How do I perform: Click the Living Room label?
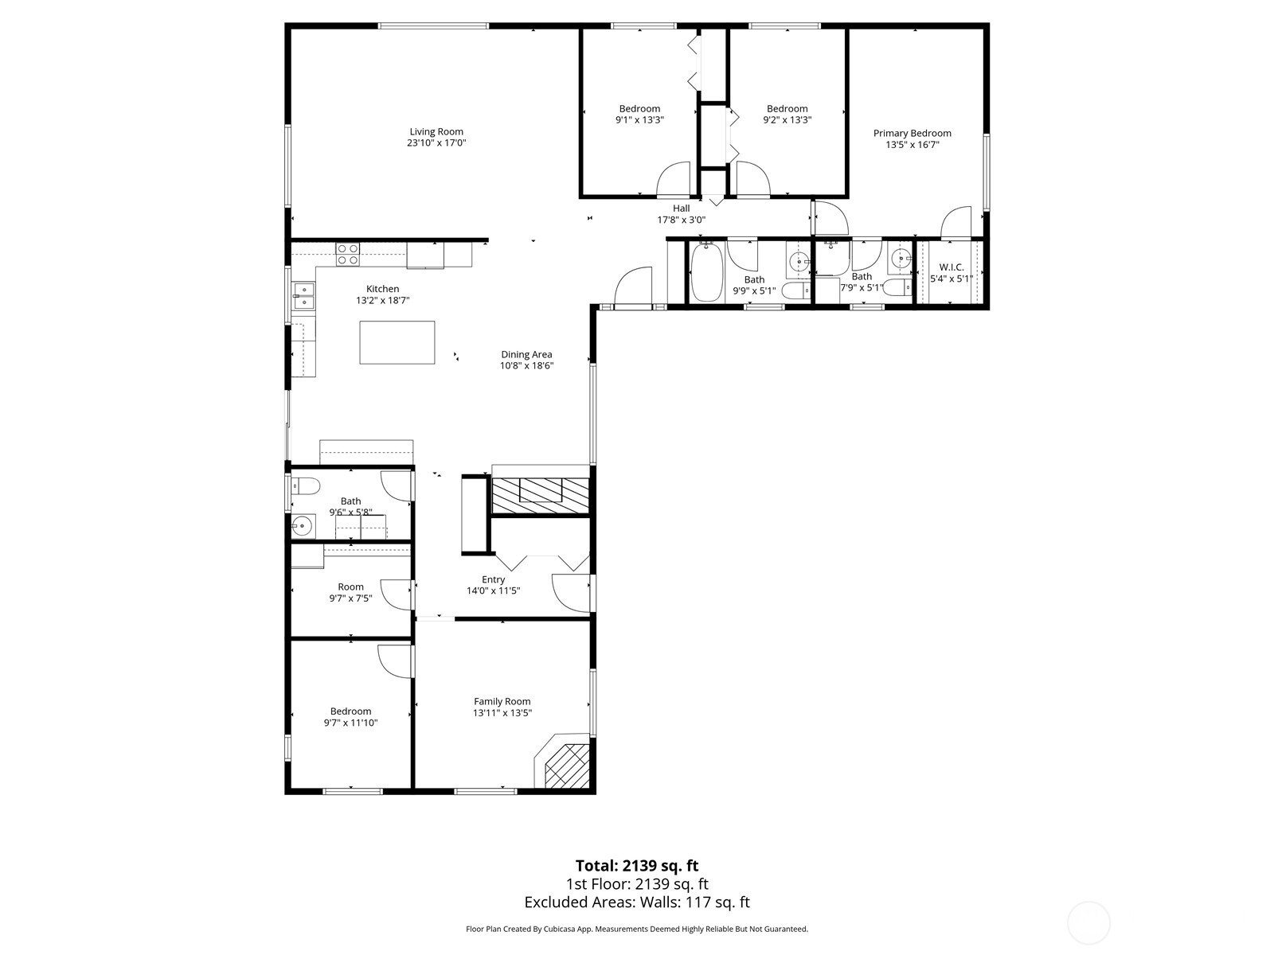[x=436, y=131]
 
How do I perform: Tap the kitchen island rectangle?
[x=397, y=343]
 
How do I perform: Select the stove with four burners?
[x=348, y=255]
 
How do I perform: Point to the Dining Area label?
[x=526, y=354]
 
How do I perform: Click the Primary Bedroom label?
[x=913, y=134]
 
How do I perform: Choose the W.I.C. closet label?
[x=952, y=267]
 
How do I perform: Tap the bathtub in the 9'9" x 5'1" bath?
[x=706, y=272]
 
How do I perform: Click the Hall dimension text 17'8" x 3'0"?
[x=682, y=220]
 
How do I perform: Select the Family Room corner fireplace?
[x=563, y=762]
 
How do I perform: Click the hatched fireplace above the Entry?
[x=541, y=495]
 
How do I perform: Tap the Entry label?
[x=494, y=579]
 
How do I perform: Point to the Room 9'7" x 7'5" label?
[x=350, y=587]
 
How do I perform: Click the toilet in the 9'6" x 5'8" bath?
[x=305, y=485]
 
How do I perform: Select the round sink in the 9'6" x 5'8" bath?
[x=303, y=527]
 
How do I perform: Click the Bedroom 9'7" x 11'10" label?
[x=350, y=711]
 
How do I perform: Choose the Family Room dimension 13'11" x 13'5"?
[x=502, y=713]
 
